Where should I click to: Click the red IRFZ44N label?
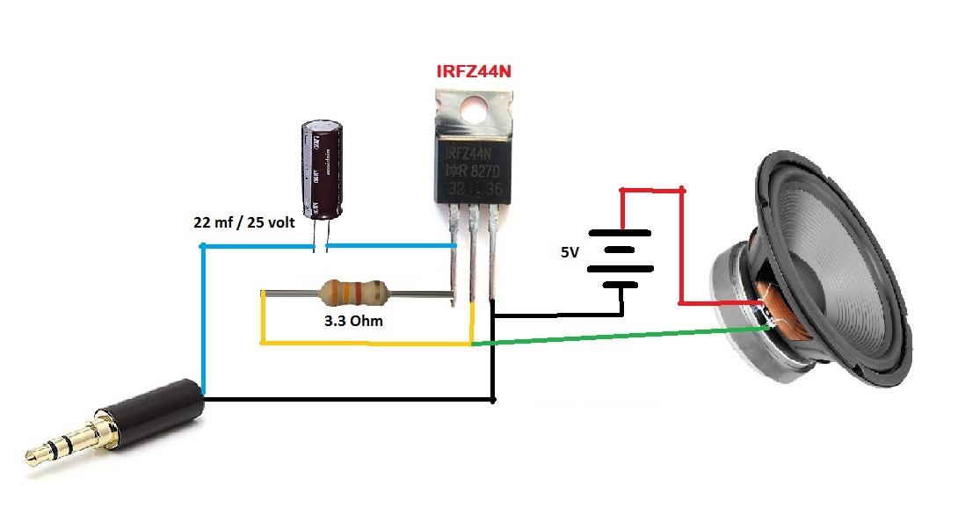[474, 71]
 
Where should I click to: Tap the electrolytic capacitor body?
[320, 169]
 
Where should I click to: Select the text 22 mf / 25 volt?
[244, 221]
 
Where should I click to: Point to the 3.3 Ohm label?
[353, 322]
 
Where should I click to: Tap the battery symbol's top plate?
[620, 233]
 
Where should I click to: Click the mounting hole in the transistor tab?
[475, 108]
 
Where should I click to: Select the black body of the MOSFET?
[475, 167]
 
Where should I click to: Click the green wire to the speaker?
[615, 337]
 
